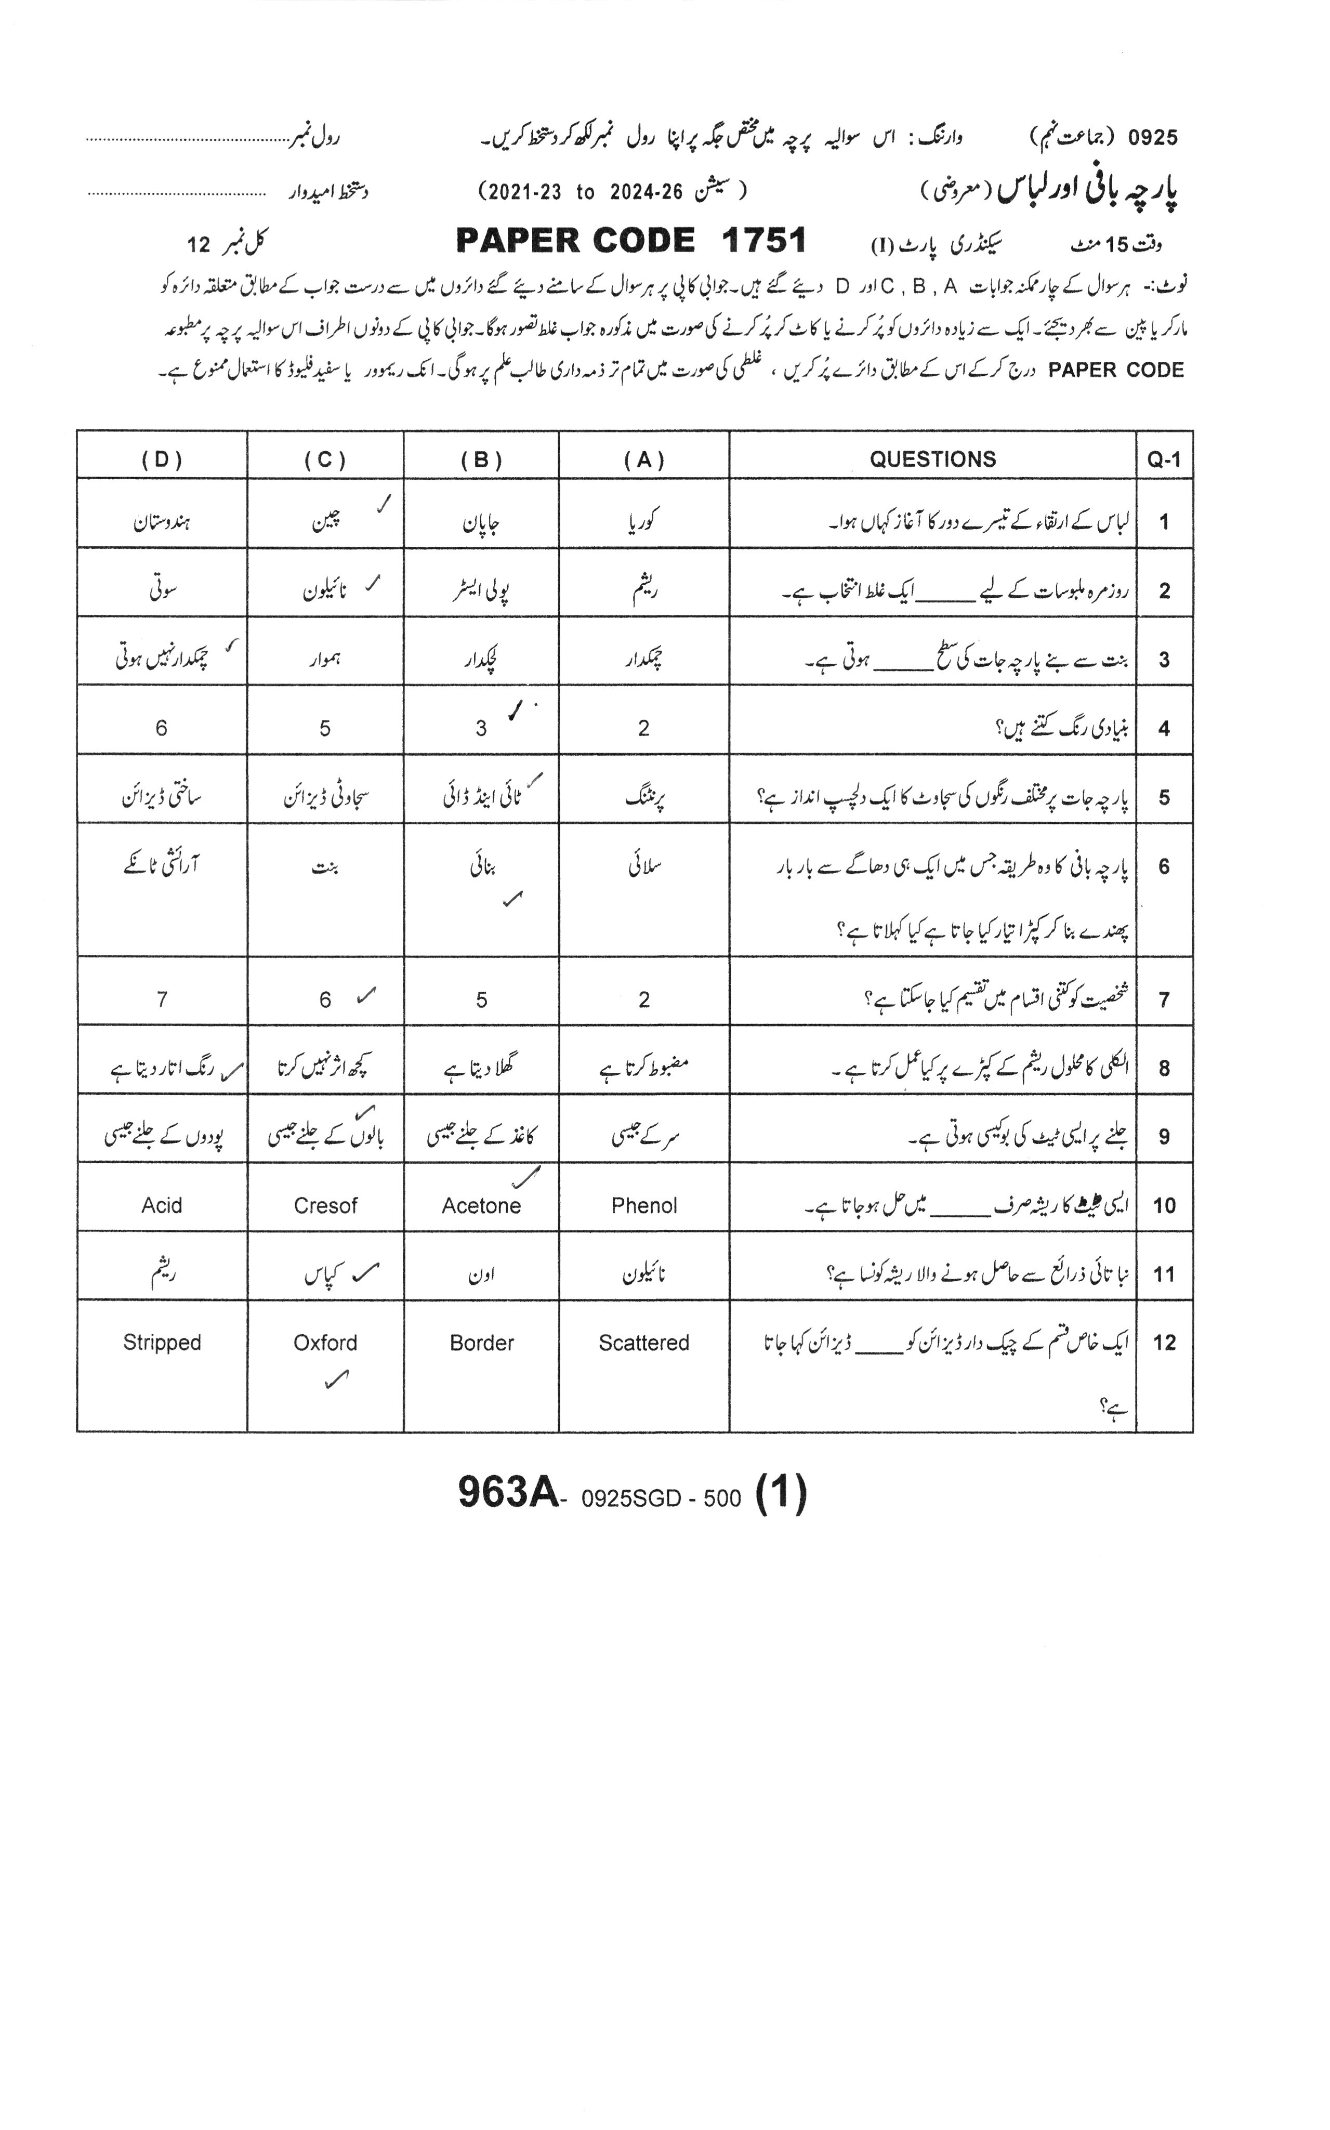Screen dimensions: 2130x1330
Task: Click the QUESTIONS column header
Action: [x=932, y=459]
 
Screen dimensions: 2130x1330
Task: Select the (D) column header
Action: [x=162, y=459]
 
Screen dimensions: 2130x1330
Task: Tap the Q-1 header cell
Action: [x=1164, y=459]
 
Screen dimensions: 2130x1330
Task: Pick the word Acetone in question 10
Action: [x=481, y=1206]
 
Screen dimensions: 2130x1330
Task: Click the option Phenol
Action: [x=644, y=1206]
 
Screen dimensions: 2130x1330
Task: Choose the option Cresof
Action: [x=325, y=1206]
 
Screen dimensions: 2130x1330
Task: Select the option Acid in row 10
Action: [x=162, y=1206]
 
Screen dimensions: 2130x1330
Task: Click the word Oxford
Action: [x=325, y=1343]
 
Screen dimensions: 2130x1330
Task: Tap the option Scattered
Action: [x=644, y=1343]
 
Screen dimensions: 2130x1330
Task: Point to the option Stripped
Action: [x=162, y=1343]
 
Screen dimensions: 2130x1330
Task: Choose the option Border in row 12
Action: [x=481, y=1343]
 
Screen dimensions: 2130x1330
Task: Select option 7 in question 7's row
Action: [x=162, y=1000]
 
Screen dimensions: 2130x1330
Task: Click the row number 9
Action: [x=1164, y=1137]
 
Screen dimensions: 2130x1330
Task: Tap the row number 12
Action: [x=1164, y=1343]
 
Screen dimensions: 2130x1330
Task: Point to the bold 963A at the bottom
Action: [x=508, y=1492]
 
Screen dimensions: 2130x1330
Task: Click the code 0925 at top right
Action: [x=1152, y=137]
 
